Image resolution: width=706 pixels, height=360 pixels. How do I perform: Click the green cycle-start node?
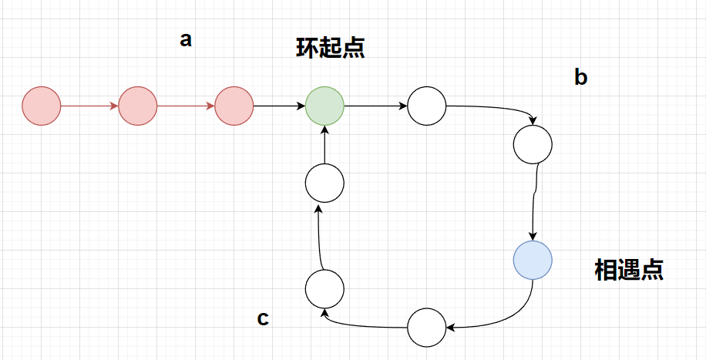pos(324,106)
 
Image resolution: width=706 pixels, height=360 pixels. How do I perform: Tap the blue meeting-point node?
pos(533,260)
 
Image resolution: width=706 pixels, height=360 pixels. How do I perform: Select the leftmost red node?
pos(42,106)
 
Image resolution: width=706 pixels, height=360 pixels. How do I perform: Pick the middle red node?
pos(138,106)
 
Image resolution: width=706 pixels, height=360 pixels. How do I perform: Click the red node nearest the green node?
pos(234,106)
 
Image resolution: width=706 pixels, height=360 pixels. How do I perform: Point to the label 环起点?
pos(330,48)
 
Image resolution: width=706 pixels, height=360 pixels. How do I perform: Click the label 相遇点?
pos(629,270)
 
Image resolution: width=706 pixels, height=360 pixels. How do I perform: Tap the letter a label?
pos(185,40)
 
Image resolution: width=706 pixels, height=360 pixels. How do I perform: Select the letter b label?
pos(581,77)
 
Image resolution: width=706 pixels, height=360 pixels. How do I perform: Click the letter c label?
pos(263,318)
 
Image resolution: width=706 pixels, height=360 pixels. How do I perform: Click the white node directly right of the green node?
pos(426,106)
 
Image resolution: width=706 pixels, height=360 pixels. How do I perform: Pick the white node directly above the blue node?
pos(533,144)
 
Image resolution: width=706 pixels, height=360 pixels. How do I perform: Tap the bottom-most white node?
pos(426,327)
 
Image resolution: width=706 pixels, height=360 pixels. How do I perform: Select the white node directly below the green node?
pos(324,184)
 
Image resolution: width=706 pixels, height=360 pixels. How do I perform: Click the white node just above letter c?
pos(324,289)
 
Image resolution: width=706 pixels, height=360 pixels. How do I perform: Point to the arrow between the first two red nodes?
pos(89,106)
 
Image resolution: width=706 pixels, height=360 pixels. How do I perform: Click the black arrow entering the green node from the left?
pos(279,106)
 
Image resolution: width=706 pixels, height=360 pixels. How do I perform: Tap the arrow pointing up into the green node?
pos(324,145)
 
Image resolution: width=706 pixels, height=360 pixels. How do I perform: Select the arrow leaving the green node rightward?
pos(375,106)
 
